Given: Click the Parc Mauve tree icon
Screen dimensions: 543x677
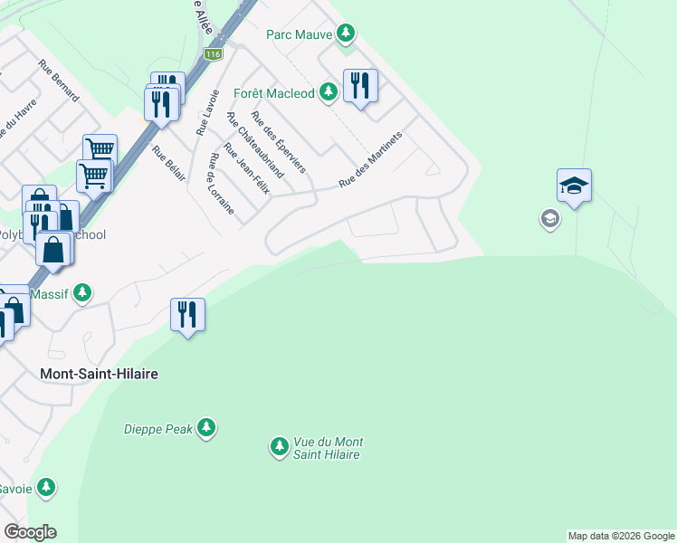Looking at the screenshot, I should click(345, 34).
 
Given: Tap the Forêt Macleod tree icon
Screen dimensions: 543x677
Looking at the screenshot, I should click(328, 92).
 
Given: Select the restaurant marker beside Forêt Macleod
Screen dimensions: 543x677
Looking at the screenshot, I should click(360, 87).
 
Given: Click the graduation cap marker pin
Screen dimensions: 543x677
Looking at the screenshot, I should click(574, 186).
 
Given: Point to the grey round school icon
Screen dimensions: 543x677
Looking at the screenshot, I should click(548, 218).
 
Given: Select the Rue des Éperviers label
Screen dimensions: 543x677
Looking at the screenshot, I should click(278, 142).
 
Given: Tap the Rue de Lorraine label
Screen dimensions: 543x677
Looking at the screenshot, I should click(221, 184).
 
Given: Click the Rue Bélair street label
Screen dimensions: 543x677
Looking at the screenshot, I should click(169, 164).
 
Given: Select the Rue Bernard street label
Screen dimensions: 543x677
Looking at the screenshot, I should click(59, 80).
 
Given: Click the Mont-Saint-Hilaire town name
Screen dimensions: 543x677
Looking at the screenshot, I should click(100, 373).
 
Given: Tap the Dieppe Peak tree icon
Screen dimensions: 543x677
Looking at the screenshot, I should click(207, 427).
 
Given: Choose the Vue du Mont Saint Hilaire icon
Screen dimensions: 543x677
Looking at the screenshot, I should click(279, 447).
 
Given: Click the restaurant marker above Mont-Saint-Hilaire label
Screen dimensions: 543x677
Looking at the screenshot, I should click(188, 316).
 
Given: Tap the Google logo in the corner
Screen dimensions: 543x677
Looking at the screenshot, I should click(30, 532).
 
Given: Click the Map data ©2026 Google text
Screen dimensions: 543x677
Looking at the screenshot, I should click(621, 536).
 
